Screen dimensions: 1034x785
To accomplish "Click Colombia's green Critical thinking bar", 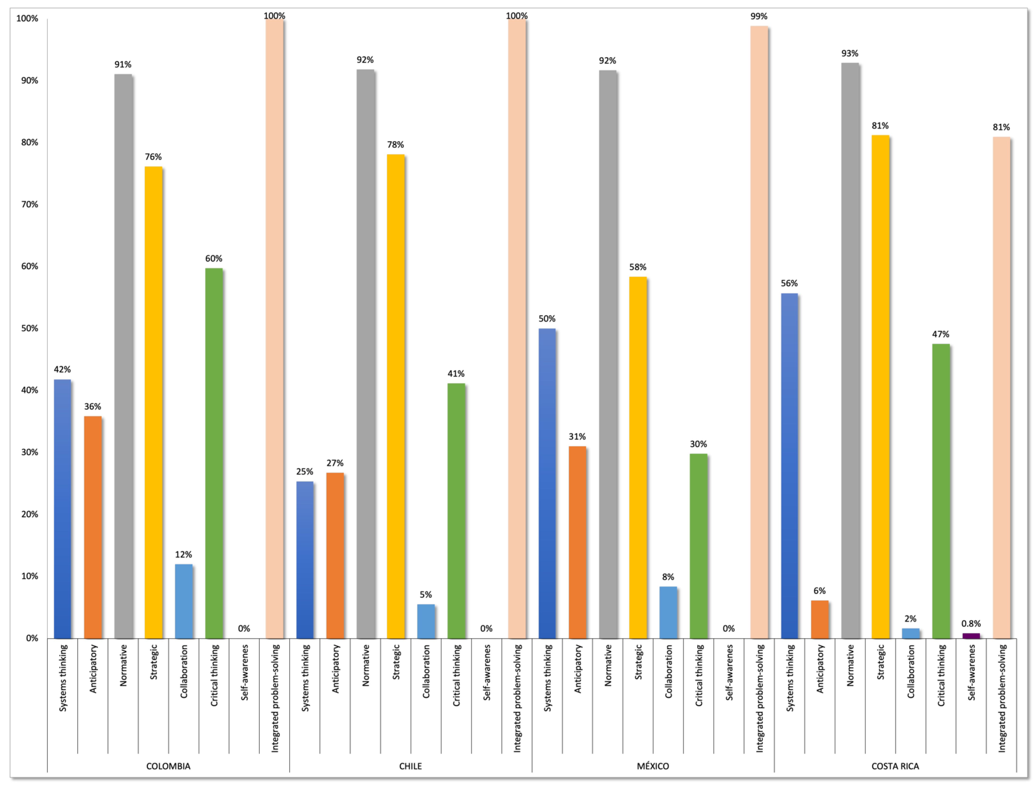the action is pyautogui.click(x=214, y=453).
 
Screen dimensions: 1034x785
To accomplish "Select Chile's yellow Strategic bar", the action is pyautogui.click(x=395, y=396).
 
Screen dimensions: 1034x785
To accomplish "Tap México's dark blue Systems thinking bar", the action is pyautogui.click(x=547, y=484).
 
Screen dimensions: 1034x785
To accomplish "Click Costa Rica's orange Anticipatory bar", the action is pyautogui.click(x=820, y=620).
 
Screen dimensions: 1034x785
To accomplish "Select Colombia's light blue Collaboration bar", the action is pyautogui.click(x=184, y=601).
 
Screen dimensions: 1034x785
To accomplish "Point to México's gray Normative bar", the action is pyautogui.click(x=608, y=354).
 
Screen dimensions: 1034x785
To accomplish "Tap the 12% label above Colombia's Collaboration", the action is pyautogui.click(x=184, y=555).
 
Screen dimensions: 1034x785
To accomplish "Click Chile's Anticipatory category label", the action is pyautogui.click(x=335, y=669).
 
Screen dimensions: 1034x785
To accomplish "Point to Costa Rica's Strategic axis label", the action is pyautogui.click(x=880, y=662).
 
